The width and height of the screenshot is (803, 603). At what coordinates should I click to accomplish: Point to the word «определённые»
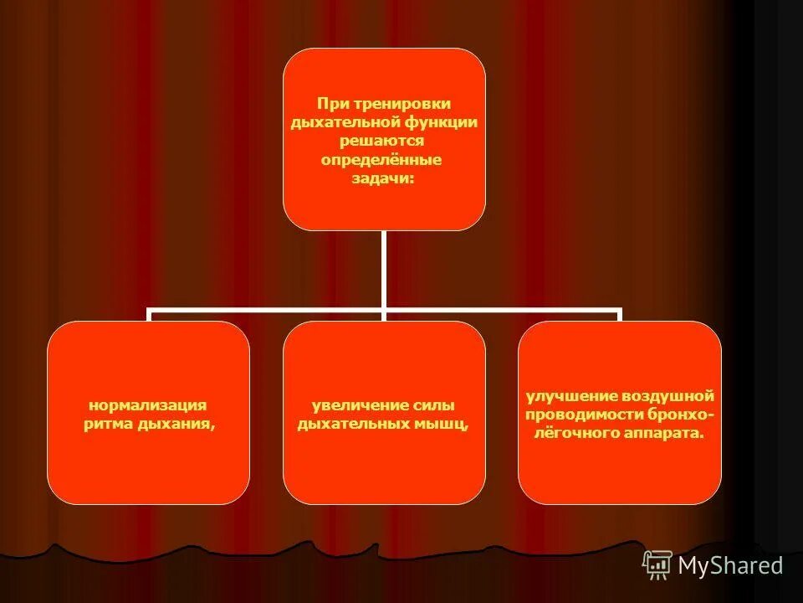tap(381, 159)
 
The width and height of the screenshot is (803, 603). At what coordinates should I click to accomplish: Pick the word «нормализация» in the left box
tap(147, 405)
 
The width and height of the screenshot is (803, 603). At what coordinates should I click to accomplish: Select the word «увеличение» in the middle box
tap(349, 405)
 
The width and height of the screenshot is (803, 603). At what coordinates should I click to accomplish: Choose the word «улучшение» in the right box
tap(570, 395)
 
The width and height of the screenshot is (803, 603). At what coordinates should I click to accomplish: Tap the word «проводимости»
tap(583, 414)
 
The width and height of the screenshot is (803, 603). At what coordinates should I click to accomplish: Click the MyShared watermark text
tap(730, 565)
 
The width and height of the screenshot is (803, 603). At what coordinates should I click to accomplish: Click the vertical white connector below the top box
tap(383, 268)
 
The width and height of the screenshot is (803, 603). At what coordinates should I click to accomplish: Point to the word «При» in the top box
tap(330, 103)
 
